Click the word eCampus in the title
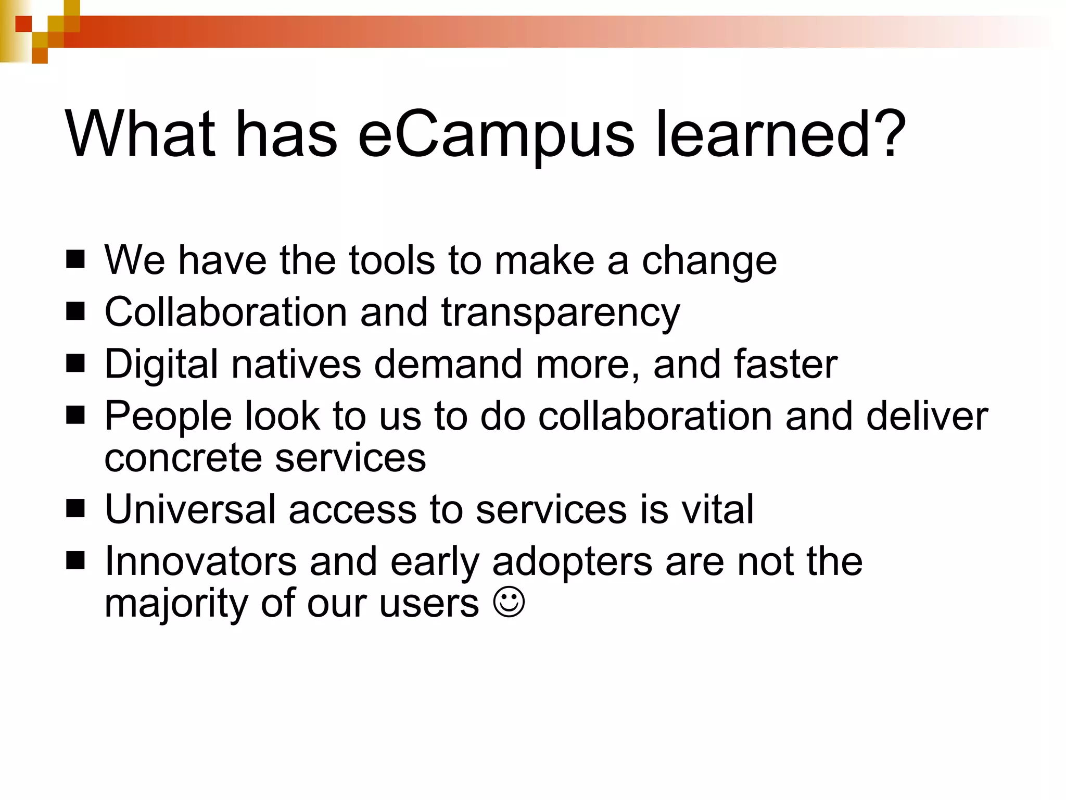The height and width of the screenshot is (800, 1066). (x=496, y=134)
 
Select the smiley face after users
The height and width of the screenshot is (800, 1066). (x=509, y=603)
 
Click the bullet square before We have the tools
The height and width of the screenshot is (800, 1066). (x=75, y=259)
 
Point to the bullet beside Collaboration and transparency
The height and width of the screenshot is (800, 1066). (x=75, y=311)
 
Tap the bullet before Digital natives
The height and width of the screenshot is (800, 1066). (x=75, y=363)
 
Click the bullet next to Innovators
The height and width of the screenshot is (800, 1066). (x=75, y=560)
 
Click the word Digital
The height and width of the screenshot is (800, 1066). (x=161, y=365)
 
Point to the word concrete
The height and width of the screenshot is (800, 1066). (x=183, y=458)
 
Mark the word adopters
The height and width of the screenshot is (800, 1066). (x=572, y=563)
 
